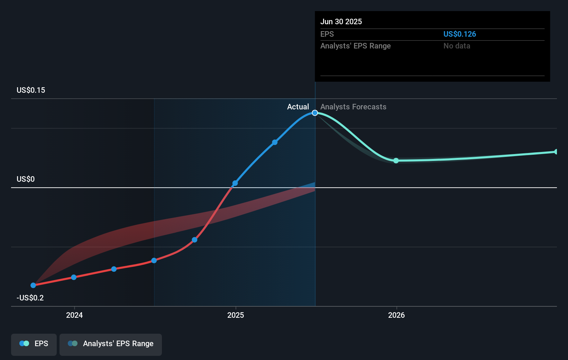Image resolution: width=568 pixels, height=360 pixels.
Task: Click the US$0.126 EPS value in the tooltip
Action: click(x=459, y=34)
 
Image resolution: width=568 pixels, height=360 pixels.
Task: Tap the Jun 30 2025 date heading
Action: click(x=341, y=21)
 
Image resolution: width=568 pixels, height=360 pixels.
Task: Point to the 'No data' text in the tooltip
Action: click(x=457, y=46)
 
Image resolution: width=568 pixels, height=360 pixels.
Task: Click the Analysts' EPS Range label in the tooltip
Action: click(x=355, y=46)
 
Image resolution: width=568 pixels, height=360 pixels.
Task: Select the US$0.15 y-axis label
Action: click(x=31, y=90)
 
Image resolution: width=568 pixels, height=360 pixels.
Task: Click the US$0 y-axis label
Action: click(x=26, y=179)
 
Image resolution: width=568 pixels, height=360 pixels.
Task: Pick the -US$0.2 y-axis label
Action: click(x=30, y=298)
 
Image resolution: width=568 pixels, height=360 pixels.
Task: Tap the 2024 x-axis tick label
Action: click(x=74, y=315)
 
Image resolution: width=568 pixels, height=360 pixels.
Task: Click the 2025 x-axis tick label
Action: click(x=236, y=315)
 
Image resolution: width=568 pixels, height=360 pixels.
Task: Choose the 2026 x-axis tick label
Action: click(x=396, y=315)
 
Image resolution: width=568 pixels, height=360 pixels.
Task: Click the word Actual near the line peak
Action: click(x=298, y=107)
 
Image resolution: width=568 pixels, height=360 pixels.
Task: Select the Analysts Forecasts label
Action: click(x=353, y=107)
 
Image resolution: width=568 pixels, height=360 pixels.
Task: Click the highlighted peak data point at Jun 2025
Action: click(x=315, y=113)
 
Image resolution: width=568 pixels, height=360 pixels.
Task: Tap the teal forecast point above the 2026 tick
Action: click(x=396, y=161)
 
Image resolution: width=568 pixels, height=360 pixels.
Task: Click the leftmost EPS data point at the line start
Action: click(x=33, y=285)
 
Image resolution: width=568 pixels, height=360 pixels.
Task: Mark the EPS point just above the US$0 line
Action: click(x=235, y=183)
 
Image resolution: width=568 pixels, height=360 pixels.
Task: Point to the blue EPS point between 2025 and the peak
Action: click(x=275, y=142)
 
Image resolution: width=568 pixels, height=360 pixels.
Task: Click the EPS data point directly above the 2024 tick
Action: click(x=74, y=277)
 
